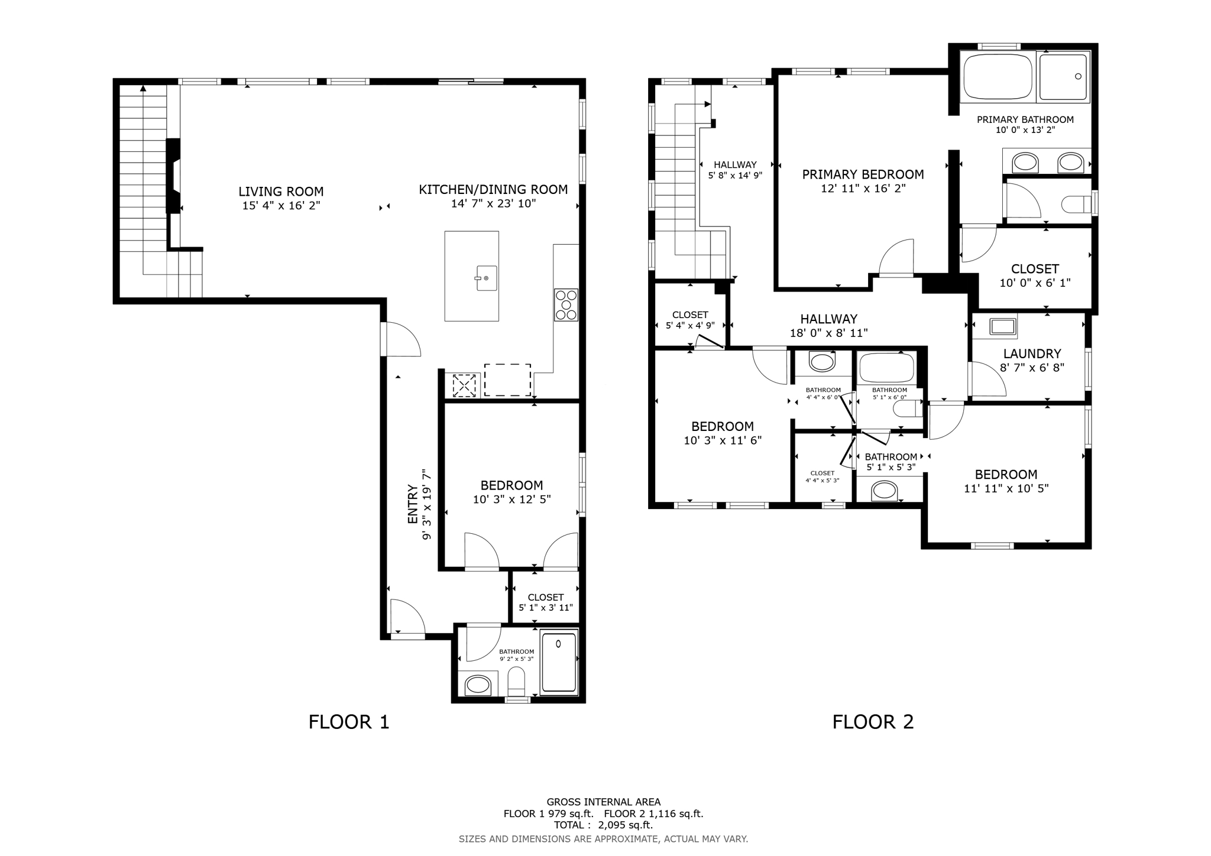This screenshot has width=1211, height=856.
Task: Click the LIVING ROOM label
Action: click(x=281, y=192)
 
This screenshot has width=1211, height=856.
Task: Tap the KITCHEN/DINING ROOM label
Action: click(x=493, y=190)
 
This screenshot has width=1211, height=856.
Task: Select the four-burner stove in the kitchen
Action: click(x=566, y=305)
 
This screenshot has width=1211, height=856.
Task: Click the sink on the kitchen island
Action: click(x=487, y=278)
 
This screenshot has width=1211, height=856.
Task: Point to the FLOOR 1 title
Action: click(x=349, y=722)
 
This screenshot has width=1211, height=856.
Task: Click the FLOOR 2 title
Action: click(x=873, y=722)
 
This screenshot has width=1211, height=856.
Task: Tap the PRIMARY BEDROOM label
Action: click(x=863, y=174)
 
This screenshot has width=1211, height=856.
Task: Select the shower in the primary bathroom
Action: click(x=1063, y=77)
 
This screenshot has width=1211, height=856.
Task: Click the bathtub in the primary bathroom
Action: click(x=998, y=77)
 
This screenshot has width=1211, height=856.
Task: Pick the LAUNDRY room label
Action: click(x=1032, y=354)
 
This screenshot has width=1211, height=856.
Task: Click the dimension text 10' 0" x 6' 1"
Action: click(x=1035, y=283)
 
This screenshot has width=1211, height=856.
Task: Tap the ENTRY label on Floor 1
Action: click(x=413, y=504)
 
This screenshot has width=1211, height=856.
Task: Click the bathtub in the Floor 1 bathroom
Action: click(x=559, y=662)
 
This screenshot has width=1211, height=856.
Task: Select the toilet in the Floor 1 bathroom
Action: click(x=516, y=682)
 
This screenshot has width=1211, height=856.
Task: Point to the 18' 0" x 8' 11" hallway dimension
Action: click(x=828, y=333)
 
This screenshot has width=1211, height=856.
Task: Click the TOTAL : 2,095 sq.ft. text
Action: click(x=603, y=825)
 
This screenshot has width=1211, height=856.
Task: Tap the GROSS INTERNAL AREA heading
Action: click(x=603, y=802)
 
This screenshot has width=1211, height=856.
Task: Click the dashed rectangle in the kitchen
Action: click(x=507, y=380)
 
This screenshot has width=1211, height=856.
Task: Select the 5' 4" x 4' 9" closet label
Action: click(x=690, y=326)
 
